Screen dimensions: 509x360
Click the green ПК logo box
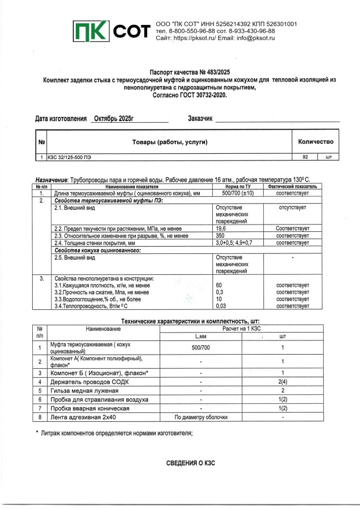[91, 32]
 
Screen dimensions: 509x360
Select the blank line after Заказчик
[277, 119]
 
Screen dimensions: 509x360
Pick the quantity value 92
[305, 157]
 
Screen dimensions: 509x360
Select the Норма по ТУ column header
[237, 186]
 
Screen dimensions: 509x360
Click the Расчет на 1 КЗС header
[245, 328]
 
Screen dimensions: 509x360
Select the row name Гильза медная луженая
[84, 390]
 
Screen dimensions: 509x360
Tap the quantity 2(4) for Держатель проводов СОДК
[282, 382]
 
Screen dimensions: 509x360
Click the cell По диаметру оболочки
[201, 417]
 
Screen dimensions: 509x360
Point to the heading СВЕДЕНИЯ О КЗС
[190, 463]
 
